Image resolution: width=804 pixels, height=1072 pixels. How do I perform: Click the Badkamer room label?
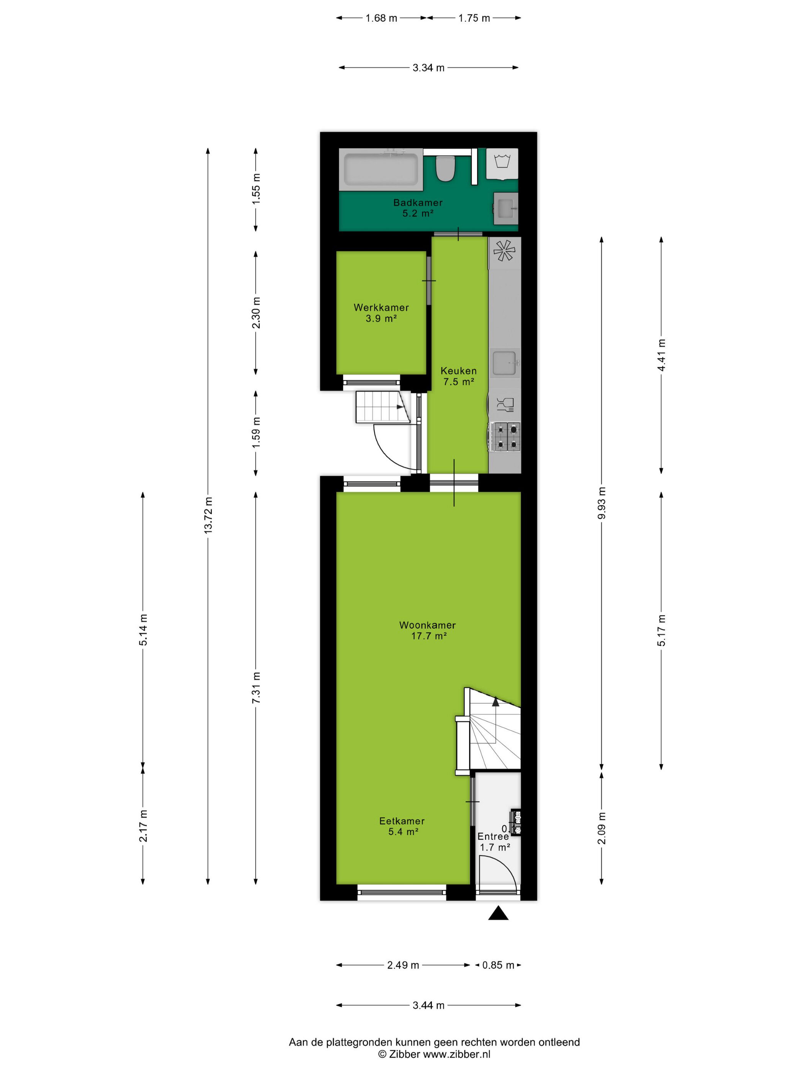(x=417, y=203)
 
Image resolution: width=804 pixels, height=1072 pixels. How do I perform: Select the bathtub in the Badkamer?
(x=381, y=169)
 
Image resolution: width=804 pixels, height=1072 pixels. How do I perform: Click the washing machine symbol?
(x=502, y=164)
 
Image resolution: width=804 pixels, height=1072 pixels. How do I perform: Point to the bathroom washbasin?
(x=505, y=208)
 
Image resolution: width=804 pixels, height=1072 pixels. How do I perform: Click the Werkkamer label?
(x=381, y=307)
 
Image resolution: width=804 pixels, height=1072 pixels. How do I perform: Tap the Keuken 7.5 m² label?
(x=458, y=376)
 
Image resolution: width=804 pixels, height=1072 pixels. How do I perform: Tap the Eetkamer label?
(x=402, y=821)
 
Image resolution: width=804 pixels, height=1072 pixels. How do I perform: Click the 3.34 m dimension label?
(x=428, y=68)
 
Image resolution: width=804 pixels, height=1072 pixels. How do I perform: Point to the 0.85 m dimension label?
(x=498, y=965)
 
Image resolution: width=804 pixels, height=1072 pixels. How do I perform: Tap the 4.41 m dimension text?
(x=661, y=355)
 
